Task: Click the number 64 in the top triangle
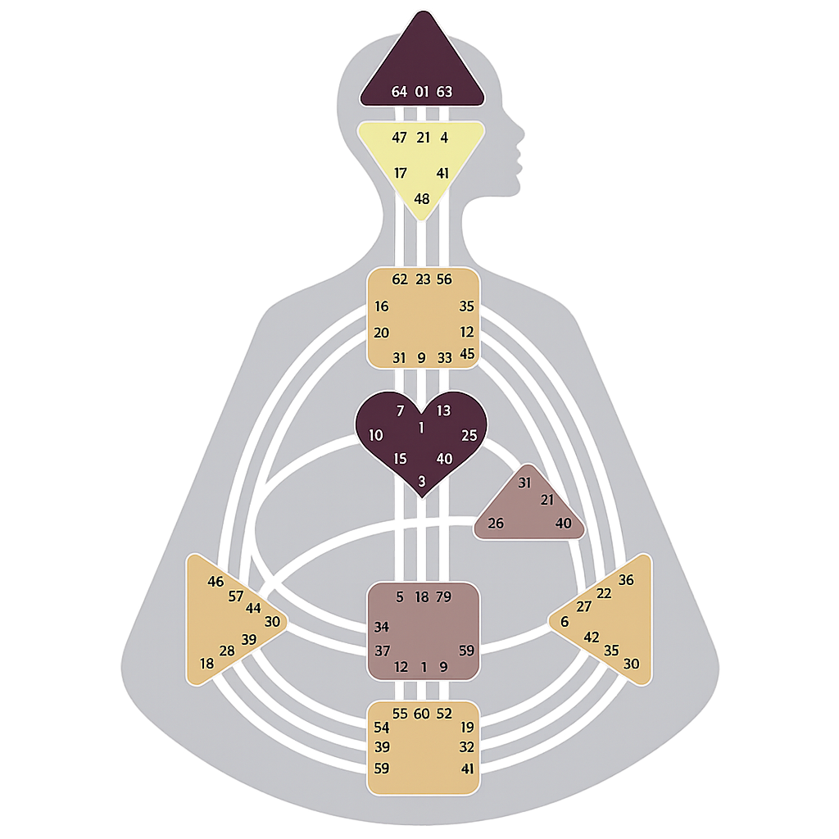click(x=399, y=92)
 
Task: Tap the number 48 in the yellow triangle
click(x=422, y=199)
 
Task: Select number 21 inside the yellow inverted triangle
click(x=423, y=138)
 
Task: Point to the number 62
click(x=400, y=279)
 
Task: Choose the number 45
click(x=467, y=354)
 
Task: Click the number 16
click(x=382, y=307)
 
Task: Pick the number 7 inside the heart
click(x=400, y=410)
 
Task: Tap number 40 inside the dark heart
click(x=444, y=459)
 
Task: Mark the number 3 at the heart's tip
click(x=422, y=482)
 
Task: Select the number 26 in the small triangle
click(x=496, y=524)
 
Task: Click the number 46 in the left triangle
click(x=215, y=582)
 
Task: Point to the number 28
click(x=227, y=651)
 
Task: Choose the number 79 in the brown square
click(x=444, y=597)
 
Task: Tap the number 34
click(x=382, y=628)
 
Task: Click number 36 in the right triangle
click(x=626, y=580)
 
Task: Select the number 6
click(x=565, y=622)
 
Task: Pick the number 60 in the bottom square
click(x=422, y=714)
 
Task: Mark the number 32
click(x=467, y=747)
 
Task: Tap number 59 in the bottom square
click(x=382, y=769)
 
